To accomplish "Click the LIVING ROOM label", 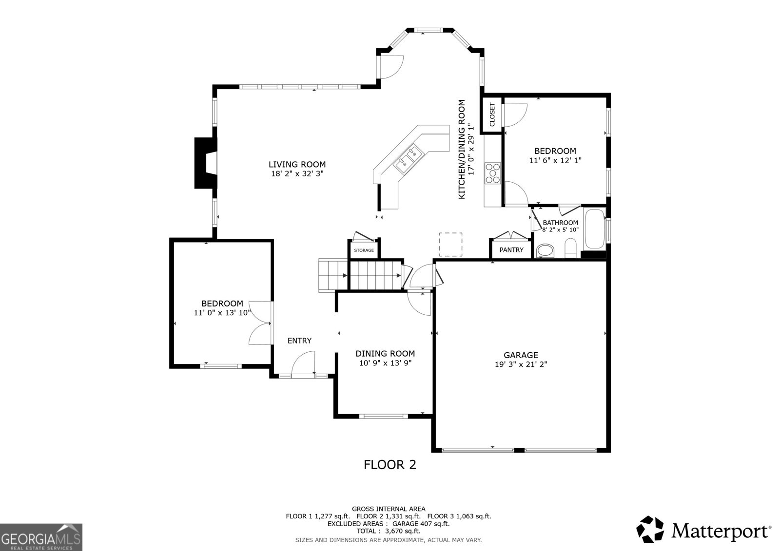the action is [297, 164].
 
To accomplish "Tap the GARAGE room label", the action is [521, 355].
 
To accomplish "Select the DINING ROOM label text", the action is [385, 354].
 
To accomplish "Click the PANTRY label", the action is [511, 250].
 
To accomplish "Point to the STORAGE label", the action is [364, 250].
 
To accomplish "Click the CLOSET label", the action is [492, 114].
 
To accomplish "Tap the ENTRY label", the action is [299, 341].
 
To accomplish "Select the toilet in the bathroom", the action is [570, 248].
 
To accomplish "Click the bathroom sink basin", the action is [545, 250].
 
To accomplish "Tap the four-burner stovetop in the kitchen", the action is [492, 173].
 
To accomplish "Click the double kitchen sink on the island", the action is [408, 159].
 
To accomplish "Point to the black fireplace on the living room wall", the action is [206, 163].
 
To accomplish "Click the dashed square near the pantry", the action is [450, 245].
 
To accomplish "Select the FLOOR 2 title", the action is [390, 465].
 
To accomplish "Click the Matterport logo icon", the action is [650, 530].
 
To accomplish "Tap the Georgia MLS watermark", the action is [41, 537].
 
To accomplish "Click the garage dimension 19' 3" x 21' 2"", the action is [521, 364].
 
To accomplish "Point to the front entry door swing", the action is [303, 364].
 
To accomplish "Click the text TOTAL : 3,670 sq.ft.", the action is [389, 531].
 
